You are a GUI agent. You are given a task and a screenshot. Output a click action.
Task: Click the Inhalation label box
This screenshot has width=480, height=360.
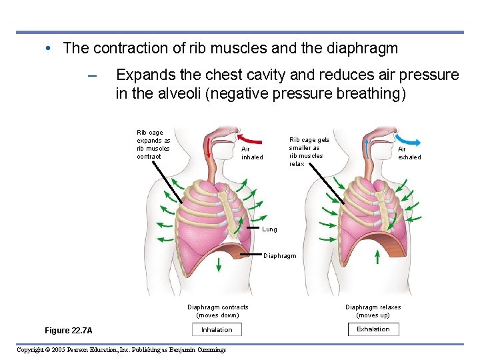point(217,329)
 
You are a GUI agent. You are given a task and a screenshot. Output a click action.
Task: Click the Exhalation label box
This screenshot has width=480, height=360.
point(373,329)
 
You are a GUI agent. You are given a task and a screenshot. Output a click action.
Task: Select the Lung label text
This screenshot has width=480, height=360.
point(269,229)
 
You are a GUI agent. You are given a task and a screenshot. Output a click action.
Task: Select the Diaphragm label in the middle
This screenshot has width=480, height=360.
point(279,255)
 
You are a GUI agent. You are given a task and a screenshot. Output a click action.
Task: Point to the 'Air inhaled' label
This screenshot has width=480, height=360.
point(252,153)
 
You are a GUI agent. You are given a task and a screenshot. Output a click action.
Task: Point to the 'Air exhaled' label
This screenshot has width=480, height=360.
point(409,153)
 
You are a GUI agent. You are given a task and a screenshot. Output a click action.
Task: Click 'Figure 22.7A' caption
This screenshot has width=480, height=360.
point(69,331)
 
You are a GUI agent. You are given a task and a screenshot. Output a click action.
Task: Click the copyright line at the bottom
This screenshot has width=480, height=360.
point(121,350)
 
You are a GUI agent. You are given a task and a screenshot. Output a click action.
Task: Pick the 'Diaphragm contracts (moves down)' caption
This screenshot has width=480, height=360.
point(217,311)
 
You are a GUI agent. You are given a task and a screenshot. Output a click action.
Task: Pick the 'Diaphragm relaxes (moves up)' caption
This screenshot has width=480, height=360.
point(373,311)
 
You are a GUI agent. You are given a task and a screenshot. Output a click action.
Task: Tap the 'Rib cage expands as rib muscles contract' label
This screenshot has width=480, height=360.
point(153,145)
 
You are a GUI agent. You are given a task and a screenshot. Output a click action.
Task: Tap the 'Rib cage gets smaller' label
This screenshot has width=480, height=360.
point(309,152)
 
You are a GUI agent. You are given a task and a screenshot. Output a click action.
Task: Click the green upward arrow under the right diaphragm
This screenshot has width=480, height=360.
point(377,257)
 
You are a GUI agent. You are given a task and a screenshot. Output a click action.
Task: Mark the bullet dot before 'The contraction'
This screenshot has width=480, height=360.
point(49,48)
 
